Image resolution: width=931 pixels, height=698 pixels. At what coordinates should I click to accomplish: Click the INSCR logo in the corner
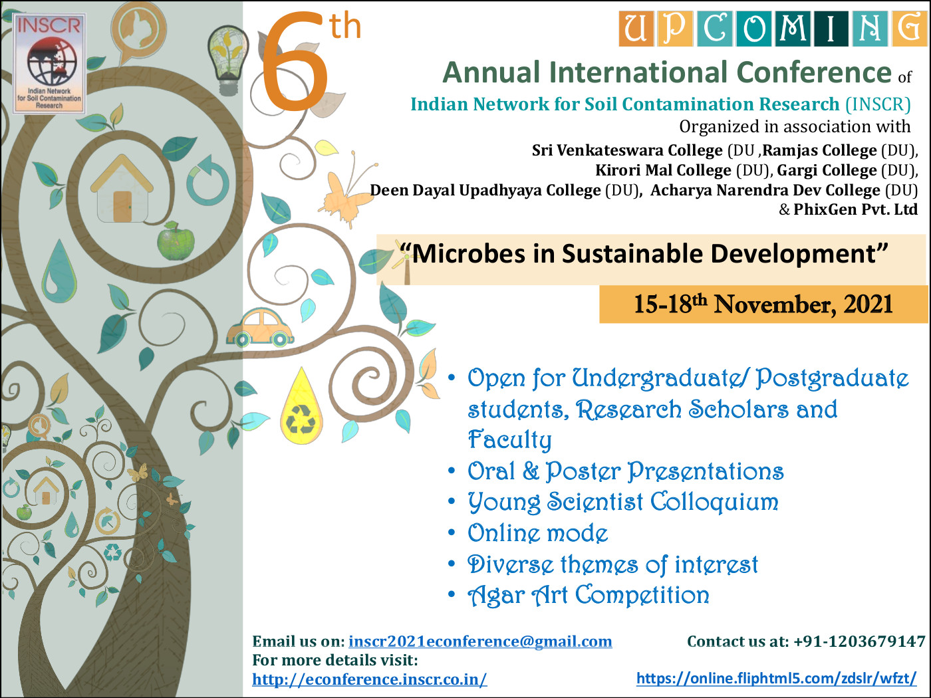(49, 64)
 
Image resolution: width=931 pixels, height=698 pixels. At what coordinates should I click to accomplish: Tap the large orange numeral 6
(294, 62)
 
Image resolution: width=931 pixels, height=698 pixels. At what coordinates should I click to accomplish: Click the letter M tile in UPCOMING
(792, 29)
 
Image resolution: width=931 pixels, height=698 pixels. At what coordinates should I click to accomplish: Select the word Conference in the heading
(814, 72)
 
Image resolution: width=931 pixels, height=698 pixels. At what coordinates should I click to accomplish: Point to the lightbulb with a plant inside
(227, 60)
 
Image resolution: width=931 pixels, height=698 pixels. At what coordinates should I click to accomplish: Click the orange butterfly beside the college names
(348, 190)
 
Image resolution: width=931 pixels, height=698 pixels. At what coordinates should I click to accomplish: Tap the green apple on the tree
(176, 241)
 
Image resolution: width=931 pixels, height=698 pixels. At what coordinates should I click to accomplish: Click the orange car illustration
(259, 328)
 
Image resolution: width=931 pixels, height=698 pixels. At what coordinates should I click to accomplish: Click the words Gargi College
(827, 170)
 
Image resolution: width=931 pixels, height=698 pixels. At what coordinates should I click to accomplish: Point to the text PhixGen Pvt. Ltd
(855, 209)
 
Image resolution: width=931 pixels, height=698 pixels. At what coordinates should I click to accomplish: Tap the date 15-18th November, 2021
(763, 304)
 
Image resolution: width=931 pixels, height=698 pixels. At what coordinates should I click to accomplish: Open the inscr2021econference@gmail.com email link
(480, 641)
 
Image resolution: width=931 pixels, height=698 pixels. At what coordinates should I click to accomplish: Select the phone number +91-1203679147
(859, 641)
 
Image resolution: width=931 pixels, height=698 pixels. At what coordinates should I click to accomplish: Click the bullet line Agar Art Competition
(589, 595)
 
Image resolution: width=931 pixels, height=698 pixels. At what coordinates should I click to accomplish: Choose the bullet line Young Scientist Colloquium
(623, 502)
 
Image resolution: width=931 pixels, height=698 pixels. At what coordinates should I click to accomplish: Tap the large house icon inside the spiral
(122, 188)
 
